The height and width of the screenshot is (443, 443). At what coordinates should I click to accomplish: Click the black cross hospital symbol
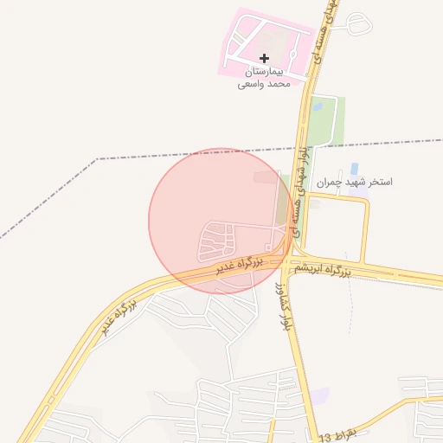coord(264,58)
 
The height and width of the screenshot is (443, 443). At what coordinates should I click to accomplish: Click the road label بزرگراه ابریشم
coord(321,271)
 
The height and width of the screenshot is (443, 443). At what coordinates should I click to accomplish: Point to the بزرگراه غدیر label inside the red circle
coord(240,265)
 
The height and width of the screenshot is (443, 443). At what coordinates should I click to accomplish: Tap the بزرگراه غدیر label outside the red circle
coord(118,315)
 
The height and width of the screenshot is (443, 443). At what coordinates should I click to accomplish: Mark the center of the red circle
coord(220,220)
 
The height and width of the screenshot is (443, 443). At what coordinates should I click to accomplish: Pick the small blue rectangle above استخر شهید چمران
coord(353,170)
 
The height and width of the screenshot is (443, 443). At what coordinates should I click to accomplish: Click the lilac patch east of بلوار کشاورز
coord(320,395)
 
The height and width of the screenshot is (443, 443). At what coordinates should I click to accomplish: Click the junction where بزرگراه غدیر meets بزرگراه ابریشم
coord(286,260)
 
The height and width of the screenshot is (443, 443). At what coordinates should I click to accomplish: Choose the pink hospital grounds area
coord(251,35)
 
